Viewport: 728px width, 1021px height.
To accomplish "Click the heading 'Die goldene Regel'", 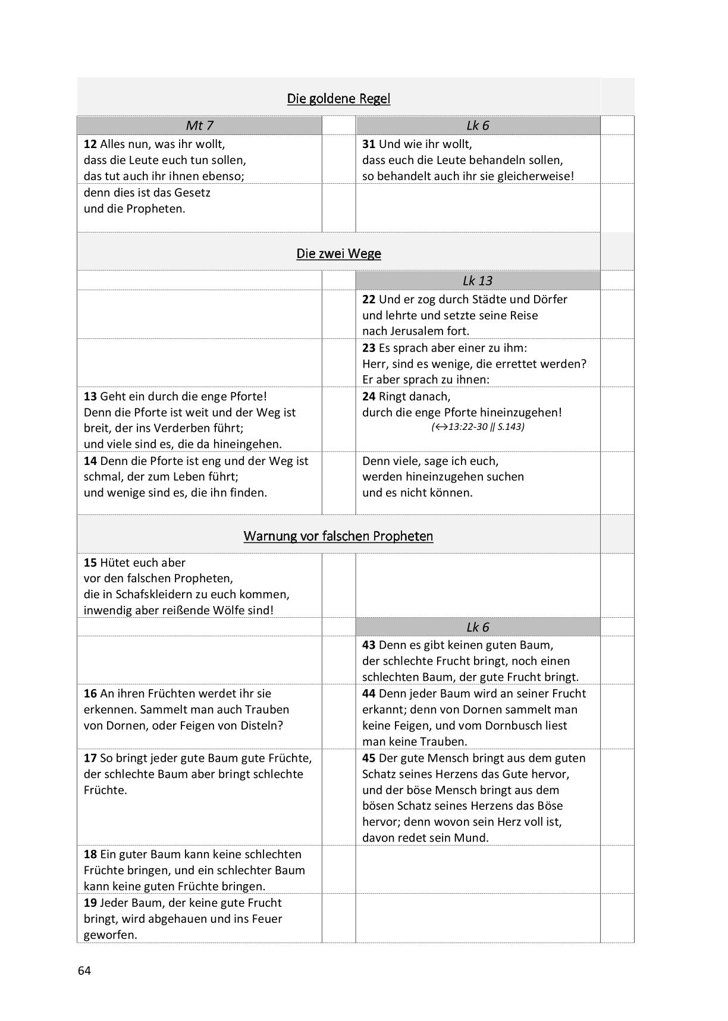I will pyautogui.click(x=338, y=99).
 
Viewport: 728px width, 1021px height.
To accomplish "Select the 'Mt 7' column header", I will pyautogui.click(x=199, y=125).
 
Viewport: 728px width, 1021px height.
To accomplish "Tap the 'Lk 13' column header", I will pyautogui.click(x=478, y=281).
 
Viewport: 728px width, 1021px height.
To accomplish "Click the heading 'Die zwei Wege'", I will pyautogui.click(x=338, y=254).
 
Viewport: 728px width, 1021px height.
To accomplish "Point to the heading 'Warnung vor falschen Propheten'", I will pyautogui.click(x=338, y=536).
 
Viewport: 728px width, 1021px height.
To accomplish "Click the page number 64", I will pyautogui.click(x=84, y=971).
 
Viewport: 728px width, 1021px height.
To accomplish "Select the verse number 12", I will pyautogui.click(x=90, y=144).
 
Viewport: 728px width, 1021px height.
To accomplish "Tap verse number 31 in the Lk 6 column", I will pyautogui.click(x=369, y=144).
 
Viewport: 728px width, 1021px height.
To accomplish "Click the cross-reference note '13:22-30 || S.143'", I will pyautogui.click(x=478, y=427).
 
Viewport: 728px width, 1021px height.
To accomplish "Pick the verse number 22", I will pyautogui.click(x=369, y=299).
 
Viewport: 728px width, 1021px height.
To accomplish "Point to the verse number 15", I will pyautogui.click(x=90, y=563).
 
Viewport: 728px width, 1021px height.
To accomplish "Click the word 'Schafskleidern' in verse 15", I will pyautogui.click(x=154, y=595).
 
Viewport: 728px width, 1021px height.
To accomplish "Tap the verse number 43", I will pyautogui.click(x=369, y=645).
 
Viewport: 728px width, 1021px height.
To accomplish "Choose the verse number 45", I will pyautogui.click(x=369, y=758).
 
